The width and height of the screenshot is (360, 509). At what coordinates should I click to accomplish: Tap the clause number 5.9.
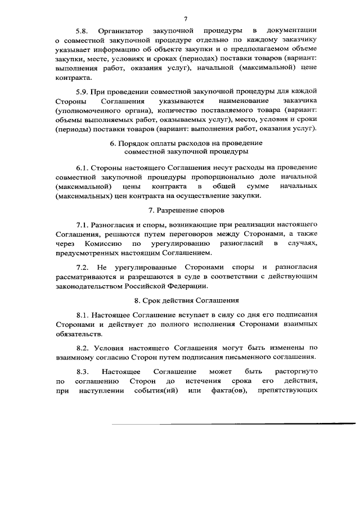[x=83, y=91]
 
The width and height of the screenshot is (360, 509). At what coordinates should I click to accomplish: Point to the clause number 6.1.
[x=83, y=168]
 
